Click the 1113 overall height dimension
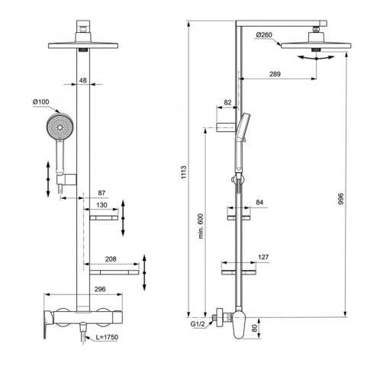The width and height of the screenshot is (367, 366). [x=184, y=172]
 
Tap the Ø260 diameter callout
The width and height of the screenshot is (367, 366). [x=264, y=35]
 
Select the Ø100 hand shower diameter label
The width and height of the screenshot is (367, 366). [x=40, y=102]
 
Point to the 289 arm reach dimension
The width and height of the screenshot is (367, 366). [x=275, y=74]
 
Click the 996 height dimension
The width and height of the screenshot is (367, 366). [x=341, y=199]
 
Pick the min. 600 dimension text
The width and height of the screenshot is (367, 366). [x=201, y=226]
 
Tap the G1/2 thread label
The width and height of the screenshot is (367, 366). [x=198, y=324]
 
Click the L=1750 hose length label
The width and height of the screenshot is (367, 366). [x=107, y=337]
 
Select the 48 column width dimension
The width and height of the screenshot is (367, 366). [x=83, y=80]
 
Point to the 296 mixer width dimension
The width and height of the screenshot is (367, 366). [x=100, y=289]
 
